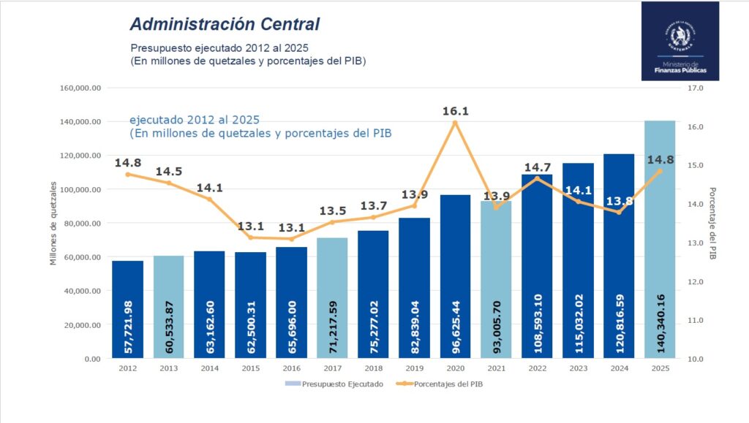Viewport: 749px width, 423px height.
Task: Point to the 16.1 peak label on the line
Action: [x=455, y=111]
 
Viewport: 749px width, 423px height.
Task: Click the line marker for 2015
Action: [x=250, y=237]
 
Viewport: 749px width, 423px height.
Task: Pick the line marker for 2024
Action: [x=619, y=212]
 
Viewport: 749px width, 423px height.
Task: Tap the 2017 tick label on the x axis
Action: [x=332, y=369]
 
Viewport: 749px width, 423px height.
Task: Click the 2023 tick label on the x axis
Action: [x=578, y=369]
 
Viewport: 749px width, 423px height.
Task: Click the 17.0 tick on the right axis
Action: [x=695, y=88]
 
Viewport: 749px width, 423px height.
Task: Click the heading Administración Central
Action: [x=225, y=24]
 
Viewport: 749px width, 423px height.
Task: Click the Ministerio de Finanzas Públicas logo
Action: [x=680, y=41]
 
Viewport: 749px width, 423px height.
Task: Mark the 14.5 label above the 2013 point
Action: [x=168, y=172]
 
